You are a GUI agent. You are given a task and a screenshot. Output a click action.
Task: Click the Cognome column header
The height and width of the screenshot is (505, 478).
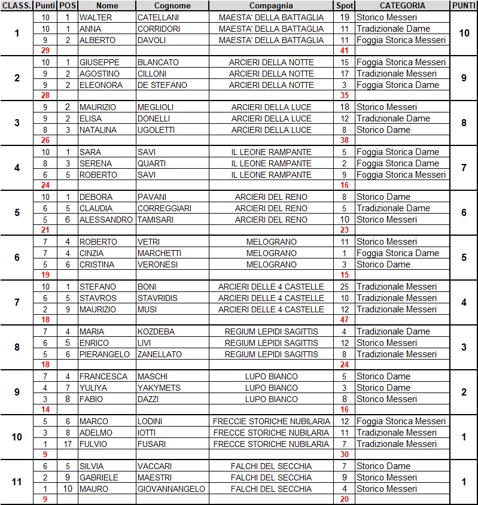[x=172, y=5]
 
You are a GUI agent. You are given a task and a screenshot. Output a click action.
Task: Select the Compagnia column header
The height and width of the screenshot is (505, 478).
[x=271, y=5]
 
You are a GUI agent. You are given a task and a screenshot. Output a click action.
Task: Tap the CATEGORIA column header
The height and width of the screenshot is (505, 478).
[x=402, y=5]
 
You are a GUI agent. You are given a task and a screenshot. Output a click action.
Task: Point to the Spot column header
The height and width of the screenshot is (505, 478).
[x=344, y=5]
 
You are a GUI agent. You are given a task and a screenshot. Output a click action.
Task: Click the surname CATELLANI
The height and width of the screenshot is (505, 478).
[x=158, y=17]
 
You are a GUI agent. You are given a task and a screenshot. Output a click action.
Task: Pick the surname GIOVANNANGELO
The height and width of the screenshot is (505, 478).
[x=171, y=489]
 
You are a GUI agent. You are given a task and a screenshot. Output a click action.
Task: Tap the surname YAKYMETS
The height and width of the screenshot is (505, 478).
[x=157, y=388]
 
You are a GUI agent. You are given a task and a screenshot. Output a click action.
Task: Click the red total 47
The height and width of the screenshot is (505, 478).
[x=344, y=321]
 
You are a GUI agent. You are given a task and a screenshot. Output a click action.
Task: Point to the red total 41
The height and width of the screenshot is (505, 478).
[x=344, y=51]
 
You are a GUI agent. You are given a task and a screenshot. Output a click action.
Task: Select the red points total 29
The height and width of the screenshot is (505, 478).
[x=45, y=51]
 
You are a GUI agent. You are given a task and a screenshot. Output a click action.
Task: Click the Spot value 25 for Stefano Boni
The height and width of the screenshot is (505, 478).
[x=344, y=287]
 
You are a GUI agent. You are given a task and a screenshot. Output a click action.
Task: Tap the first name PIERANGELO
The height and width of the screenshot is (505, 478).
[x=105, y=354]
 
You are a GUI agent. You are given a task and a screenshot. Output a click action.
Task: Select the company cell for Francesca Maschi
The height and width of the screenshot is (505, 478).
[x=271, y=376]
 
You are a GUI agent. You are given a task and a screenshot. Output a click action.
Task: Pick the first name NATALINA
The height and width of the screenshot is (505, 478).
[x=99, y=130]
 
